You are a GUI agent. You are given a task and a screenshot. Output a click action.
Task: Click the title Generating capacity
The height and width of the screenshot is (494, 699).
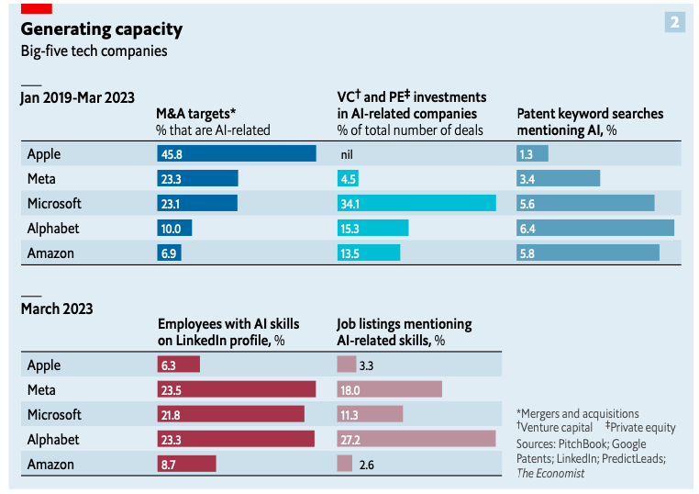pyautogui.click(x=101, y=29)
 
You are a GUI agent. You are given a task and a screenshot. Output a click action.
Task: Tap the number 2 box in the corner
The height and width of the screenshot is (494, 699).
pyautogui.click(x=674, y=22)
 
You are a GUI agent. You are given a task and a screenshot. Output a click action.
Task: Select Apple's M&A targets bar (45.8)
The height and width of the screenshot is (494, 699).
pyautogui.click(x=237, y=153)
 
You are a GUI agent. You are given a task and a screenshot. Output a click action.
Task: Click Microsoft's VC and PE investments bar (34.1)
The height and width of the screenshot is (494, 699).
pyautogui.click(x=417, y=203)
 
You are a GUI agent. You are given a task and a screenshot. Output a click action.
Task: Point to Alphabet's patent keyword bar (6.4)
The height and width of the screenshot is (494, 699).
pyautogui.click(x=595, y=228)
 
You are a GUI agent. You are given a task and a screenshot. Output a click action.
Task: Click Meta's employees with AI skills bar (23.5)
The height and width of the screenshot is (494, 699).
pyautogui.click(x=237, y=389)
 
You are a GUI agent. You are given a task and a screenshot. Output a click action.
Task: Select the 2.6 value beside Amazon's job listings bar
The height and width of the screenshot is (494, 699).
pyautogui.click(x=368, y=465)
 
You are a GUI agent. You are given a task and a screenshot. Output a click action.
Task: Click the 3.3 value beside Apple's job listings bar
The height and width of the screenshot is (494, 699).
pyautogui.click(x=367, y=365)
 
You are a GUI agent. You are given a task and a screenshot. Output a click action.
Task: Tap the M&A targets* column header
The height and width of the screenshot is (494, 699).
pyautogui.click(x=196, y=114)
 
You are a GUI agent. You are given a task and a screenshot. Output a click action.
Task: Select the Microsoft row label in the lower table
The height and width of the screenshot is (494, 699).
pyautogui.click(x=54, y=415)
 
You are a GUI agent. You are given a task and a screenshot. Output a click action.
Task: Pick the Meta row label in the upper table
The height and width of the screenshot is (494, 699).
pyautogui.click(x=43, y=178)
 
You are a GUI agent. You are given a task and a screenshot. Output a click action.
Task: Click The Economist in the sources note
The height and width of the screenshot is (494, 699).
pyautogui.click(x=549, y=473)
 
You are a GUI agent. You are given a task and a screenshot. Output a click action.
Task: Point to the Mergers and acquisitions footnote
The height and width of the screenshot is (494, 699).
pyautogui.click(x=578, y=413)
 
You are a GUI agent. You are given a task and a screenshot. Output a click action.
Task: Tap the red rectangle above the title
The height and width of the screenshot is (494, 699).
pyautogui.click(x=37, y=6)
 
